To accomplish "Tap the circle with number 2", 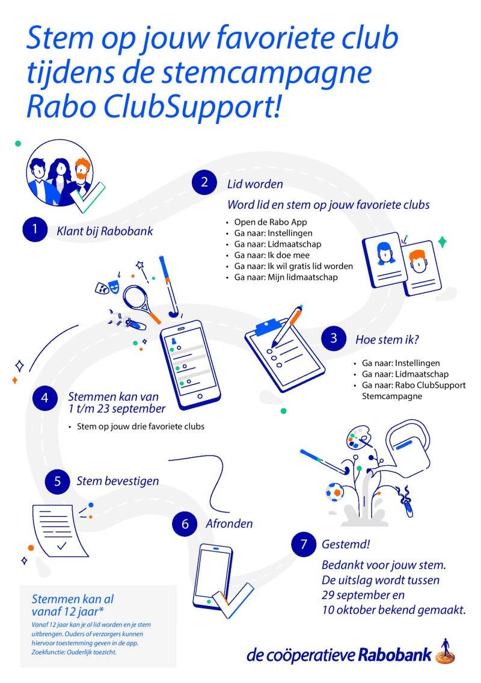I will click(x=204, y=183).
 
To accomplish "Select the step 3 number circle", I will click(x=334, y=338).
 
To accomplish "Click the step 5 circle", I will click(x=57, y=480).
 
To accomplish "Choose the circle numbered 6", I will click(x=185, y=524).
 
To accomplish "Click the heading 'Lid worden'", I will click(x=255, y=184).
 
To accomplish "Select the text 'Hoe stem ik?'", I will click(x=387, y=339).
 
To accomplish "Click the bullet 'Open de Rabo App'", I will click(x=265, y=222).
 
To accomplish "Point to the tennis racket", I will click(x=139, y=299).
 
